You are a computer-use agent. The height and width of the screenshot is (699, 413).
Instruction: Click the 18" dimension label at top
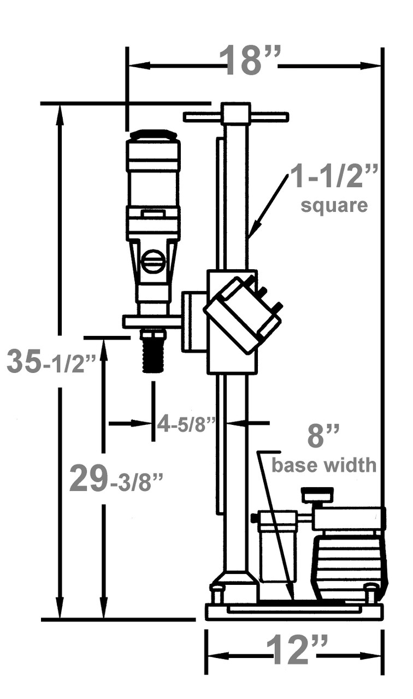click(251, 61)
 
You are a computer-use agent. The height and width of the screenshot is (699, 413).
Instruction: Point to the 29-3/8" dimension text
click(116, 480)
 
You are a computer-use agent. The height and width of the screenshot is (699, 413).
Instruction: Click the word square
click(334, 206)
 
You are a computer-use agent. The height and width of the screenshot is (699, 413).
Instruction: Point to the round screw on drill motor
click(153, 261)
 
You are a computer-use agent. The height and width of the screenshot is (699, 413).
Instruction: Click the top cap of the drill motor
click(153, 134)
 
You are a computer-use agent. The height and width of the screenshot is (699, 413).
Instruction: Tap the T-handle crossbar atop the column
click(236, 116)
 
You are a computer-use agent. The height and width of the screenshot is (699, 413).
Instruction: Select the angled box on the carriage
click(243, 315)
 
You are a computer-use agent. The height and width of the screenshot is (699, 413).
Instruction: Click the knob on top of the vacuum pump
click(317, 495)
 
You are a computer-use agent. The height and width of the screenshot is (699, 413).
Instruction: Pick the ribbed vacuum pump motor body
click(349, 568)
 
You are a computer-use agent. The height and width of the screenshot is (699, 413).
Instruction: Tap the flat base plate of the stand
click(294, 612)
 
